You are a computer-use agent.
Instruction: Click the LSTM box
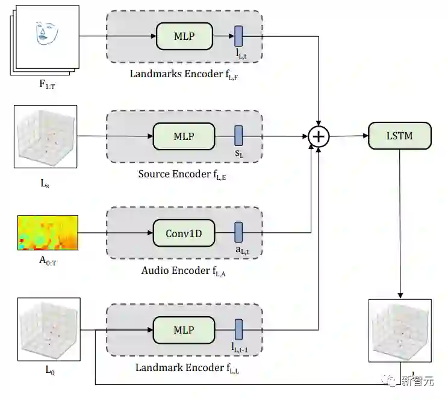tap(399, 136)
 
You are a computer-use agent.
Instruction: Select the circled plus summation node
tap(319, 136)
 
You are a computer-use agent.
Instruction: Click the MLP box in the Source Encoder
tap(184, 136)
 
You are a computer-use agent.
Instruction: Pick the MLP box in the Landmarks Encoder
tap(184, 36)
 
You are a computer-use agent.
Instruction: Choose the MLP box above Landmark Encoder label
tap(184, 330)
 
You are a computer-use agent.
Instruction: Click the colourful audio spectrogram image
tap(48, 233)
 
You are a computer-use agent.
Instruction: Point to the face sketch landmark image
tap(49, 36)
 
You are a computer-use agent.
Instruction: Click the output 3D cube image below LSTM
tap(400, 329)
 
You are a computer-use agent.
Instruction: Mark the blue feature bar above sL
tap(238, 135)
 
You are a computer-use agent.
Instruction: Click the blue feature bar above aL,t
tap(238, 232)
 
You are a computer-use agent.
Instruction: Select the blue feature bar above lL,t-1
tap(238, 329)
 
